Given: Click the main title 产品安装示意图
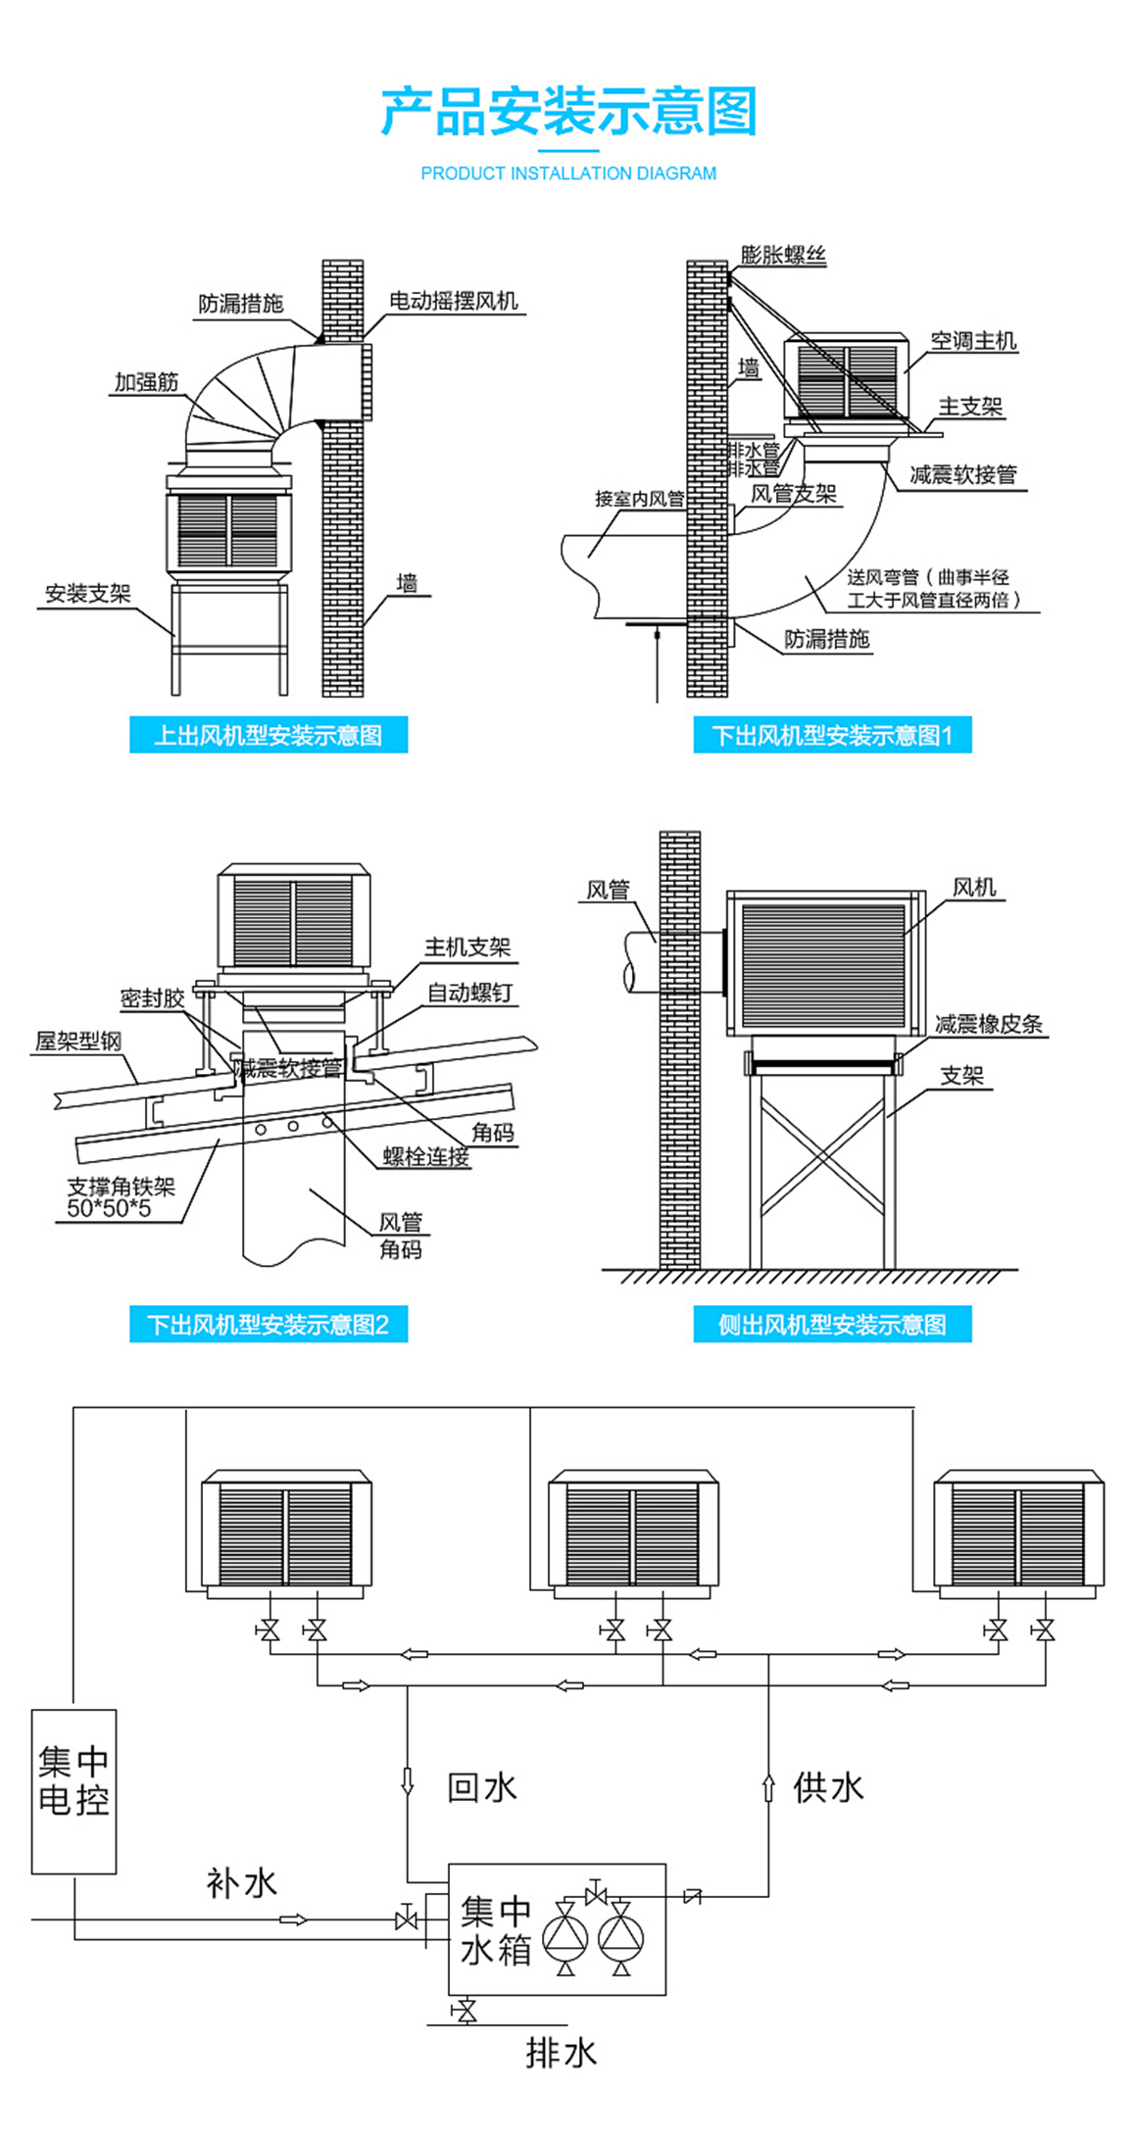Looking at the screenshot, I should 568,111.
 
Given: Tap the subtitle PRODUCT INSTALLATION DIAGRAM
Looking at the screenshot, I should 568,173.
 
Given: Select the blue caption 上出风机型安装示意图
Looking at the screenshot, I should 269,735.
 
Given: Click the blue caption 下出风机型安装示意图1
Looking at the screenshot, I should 832,735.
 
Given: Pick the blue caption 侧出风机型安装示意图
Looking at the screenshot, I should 832,1325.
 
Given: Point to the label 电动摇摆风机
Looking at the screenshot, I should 454,301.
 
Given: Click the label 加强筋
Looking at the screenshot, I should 147,382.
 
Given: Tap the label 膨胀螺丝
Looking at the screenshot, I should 783,256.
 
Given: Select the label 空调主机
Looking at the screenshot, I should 973,341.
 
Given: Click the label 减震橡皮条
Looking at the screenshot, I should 988,1024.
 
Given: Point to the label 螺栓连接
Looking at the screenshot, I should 426,1157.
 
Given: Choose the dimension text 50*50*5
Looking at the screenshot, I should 109,1208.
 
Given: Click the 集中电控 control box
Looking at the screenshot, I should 74,1791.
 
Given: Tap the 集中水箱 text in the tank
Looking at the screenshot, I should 496,1929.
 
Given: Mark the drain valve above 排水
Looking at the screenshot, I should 466,2012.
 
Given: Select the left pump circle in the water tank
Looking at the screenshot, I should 565,1936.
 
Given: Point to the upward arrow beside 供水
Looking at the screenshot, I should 768,1787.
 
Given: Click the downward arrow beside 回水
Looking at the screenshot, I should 408,1780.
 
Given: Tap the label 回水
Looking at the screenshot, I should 481,1787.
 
